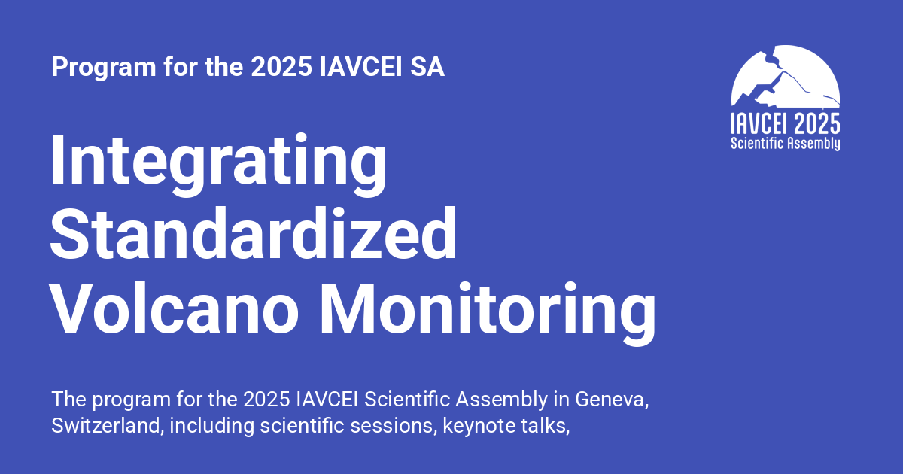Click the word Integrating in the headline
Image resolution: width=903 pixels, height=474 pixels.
click(218, 162)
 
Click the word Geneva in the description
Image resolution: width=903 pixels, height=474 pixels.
click(609, 399)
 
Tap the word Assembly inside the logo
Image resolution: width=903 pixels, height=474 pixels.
click(815, 143)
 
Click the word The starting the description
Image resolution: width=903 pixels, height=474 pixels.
click(66, 399)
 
